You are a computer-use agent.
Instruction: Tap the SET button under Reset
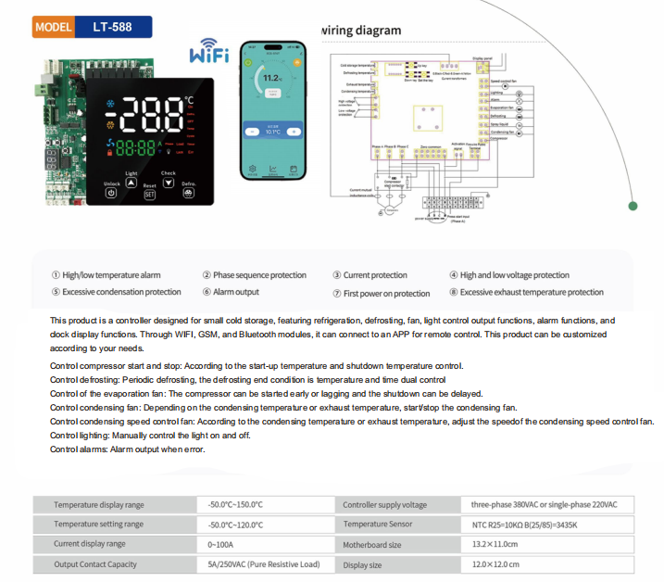pos(149,194)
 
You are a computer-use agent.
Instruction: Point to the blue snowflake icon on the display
pos(113,104)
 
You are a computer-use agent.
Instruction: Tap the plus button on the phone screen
pos(294,132)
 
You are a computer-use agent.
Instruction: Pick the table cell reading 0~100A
pos(220,544)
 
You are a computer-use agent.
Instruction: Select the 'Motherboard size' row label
pos(372,545)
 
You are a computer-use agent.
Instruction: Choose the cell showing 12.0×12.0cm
pos(495,564)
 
